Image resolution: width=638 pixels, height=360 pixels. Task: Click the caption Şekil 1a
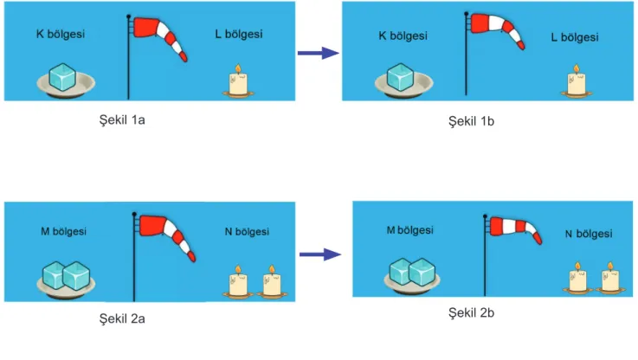click(122, 120)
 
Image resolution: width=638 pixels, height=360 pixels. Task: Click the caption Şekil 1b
click(471, 121)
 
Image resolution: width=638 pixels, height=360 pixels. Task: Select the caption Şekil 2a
click(122, 318)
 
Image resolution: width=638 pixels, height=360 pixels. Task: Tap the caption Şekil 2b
click(471, 312)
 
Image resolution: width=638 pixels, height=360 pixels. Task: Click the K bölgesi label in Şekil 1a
click(61, 34)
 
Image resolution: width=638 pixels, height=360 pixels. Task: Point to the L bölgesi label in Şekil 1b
click(575, 37)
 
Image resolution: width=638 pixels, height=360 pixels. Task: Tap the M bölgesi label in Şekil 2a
click(63, 231)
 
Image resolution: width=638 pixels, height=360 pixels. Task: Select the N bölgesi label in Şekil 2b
click(589, 234)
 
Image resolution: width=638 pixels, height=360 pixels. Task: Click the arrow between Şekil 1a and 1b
click(319, 53)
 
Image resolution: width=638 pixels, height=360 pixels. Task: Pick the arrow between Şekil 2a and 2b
click(320, 254)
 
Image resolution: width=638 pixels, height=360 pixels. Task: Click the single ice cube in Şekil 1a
click(62, 77)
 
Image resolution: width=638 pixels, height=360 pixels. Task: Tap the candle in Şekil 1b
click(577, 81)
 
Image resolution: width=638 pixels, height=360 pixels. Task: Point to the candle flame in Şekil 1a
click(238, 69)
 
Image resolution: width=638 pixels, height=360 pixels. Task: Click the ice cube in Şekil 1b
click(401, 77)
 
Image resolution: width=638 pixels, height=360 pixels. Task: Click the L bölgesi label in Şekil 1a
click(239, 34)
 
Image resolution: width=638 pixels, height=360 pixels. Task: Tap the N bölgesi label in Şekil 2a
click(247, 232)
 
